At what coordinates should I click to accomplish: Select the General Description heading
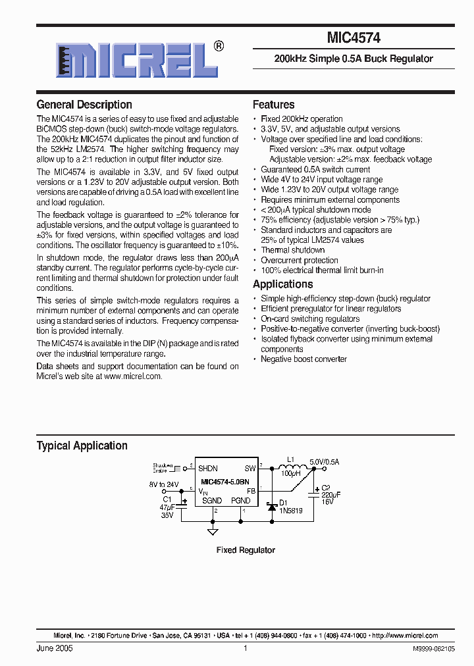84,105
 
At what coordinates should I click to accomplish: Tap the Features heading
274,105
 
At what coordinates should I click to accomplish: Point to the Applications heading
283,284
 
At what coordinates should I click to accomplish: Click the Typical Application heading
82,446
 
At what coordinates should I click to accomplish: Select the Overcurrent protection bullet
300,260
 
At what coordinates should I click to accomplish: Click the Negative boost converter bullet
304,359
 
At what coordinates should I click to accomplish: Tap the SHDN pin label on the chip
208,469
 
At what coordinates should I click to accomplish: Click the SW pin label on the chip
250,469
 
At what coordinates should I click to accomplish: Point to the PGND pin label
240,501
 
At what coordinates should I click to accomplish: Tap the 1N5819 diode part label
291,510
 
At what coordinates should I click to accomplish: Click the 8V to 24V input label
164,484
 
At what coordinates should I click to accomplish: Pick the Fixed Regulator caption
246,550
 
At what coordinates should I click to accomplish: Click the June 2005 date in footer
55,648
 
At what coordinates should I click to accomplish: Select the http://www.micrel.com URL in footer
405,636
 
